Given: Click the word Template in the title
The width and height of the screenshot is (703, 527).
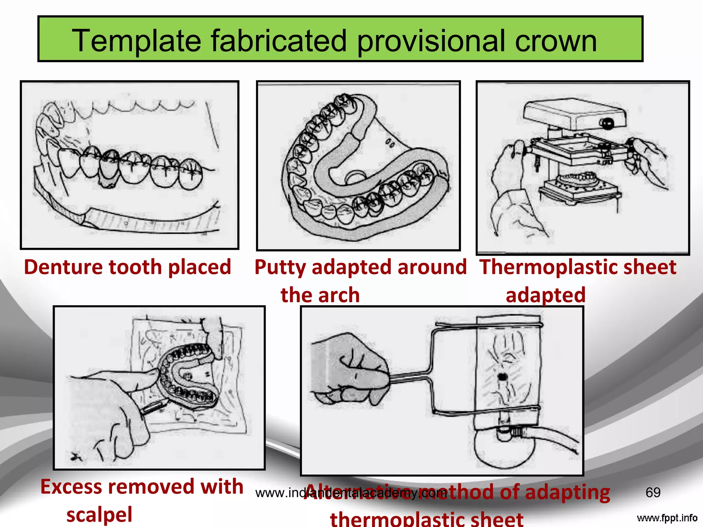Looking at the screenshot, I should [136, 41].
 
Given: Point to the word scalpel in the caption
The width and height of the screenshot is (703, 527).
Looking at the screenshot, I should [99, 515].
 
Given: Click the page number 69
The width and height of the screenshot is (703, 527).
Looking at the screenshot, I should [653, 493].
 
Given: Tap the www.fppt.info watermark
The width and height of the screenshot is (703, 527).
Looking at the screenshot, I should [667, 518].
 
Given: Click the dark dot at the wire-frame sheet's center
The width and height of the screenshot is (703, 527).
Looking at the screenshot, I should [503, 377].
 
